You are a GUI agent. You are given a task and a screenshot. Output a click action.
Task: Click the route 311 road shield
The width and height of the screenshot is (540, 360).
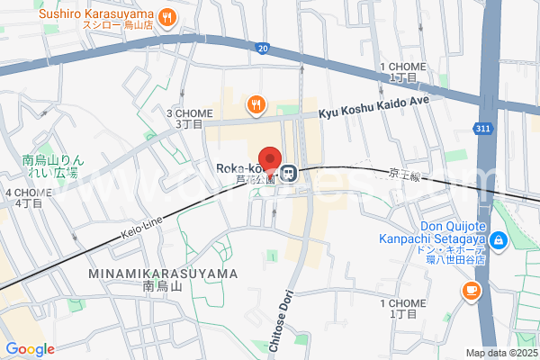pos(483,129)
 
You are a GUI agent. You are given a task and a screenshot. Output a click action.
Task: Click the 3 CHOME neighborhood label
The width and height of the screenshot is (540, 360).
pos(189,117)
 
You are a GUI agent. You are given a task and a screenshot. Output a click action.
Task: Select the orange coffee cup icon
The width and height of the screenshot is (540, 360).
pos(470,290)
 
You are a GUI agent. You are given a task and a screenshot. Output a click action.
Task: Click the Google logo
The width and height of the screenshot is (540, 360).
pos(30,349)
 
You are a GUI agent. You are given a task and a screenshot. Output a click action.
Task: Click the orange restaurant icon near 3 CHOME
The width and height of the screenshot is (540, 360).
pos(256,104)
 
